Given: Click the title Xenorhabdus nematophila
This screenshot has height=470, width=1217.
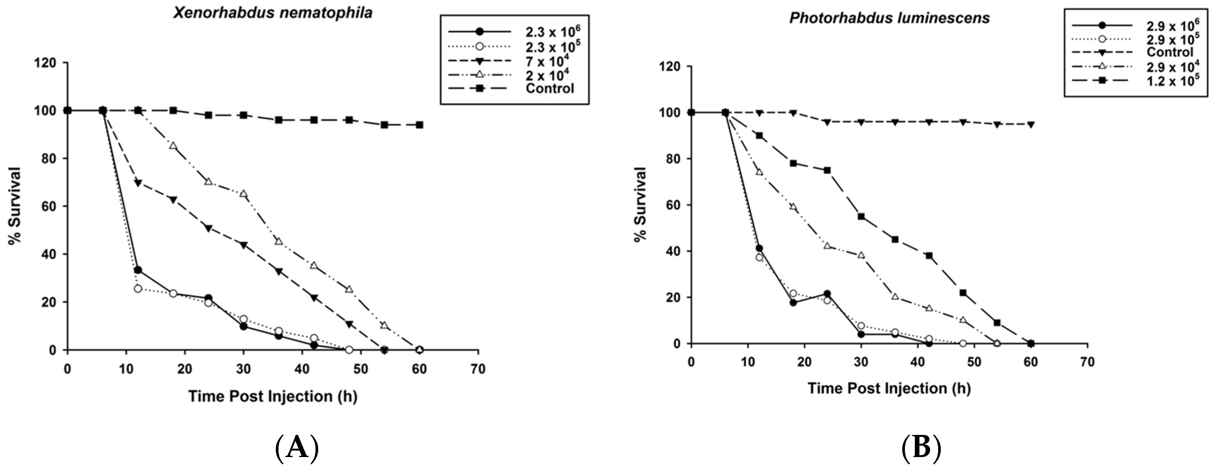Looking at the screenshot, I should [x=273, y=12].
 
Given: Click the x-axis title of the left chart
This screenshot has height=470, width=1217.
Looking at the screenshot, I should [x=273, y=396].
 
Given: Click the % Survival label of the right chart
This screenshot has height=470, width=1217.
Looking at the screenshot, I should [x=640, y=204].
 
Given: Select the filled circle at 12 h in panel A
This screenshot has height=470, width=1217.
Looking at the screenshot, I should [x=138, y=270].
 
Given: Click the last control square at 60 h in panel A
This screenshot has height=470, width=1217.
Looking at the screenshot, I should [x=419, y=125].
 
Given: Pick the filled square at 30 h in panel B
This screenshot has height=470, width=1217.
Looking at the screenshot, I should [x=861, y=217].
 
